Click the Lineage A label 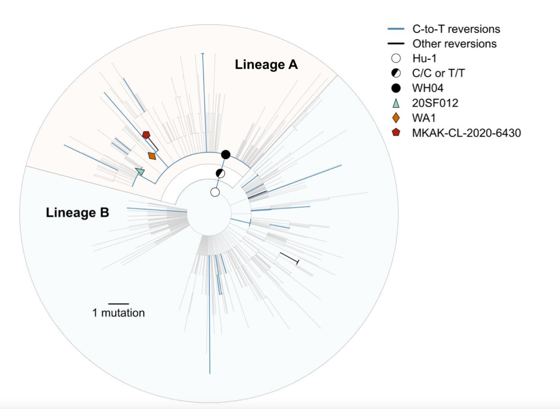click(x=266, y=65)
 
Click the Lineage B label click(x=77, y=212)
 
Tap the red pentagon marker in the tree click(x=146, y=134)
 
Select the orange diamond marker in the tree click(x=152, y=155)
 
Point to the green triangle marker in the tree click(x=140, y=171)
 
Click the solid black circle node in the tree click(x=226, y=154)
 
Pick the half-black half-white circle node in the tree click(x=221, y=174)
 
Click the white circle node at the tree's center click(x=215, y=192)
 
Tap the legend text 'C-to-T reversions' click(x=456, y=29)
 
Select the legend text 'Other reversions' click(x=454, y=43)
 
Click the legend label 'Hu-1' click(x=424, y=58)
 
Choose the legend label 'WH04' click(x=428, y=88)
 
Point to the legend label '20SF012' click(x=435, y=103)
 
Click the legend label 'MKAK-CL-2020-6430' click(x=467, y=133)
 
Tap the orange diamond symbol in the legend click(x=396, y=118)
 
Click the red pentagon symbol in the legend click(x=396, y=133)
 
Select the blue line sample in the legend click(x=396, y=29)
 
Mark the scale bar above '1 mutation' click(x=119, y=304)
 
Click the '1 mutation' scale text click(x=119, y=313)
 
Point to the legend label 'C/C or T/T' click(x=438, y=73)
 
